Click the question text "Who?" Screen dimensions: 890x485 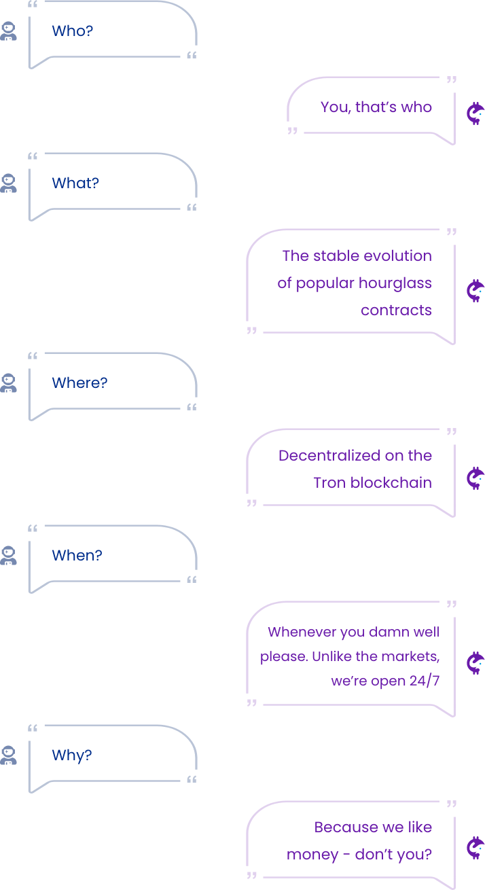pos(73,31)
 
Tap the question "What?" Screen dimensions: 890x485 pos(75,183)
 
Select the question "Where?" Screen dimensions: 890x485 pos(79,383)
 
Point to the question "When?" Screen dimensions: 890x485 pos(77,556)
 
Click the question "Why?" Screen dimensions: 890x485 pos(72,755)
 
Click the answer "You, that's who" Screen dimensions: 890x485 pos(376,107)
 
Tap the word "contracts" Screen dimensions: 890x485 pos(396,310)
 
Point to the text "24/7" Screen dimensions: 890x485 pos(425,681)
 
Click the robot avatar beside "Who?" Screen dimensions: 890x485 pos(9,32)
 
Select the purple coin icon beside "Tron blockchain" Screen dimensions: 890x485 pos(475,478)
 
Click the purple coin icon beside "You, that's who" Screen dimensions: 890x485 pos(475,113)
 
